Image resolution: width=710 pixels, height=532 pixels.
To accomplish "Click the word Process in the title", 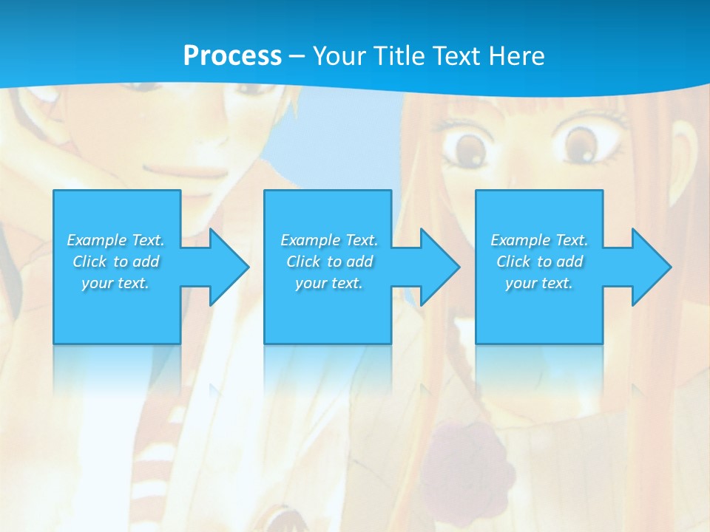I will click(232, 56).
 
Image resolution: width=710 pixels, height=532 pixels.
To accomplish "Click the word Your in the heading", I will click(342, 56).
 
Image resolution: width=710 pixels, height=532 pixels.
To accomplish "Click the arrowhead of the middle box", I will click(439, 267).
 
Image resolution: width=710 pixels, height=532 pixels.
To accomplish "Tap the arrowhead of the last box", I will click(651, 267).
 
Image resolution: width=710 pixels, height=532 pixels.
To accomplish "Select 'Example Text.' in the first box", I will click(115, 240).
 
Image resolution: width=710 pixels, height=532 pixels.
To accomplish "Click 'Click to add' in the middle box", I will click(329, 262).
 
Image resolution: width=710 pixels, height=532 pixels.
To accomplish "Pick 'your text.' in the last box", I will click(538, 283).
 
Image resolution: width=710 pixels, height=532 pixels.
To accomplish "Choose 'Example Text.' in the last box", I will click(538, 240).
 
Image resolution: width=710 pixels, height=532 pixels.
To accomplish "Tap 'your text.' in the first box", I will click(115, 283).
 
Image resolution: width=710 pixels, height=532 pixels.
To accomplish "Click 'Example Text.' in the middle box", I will click(329, 240).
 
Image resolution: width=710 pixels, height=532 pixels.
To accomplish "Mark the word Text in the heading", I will click(456, 56).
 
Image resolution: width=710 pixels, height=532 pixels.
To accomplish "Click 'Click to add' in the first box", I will click(115, 262).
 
